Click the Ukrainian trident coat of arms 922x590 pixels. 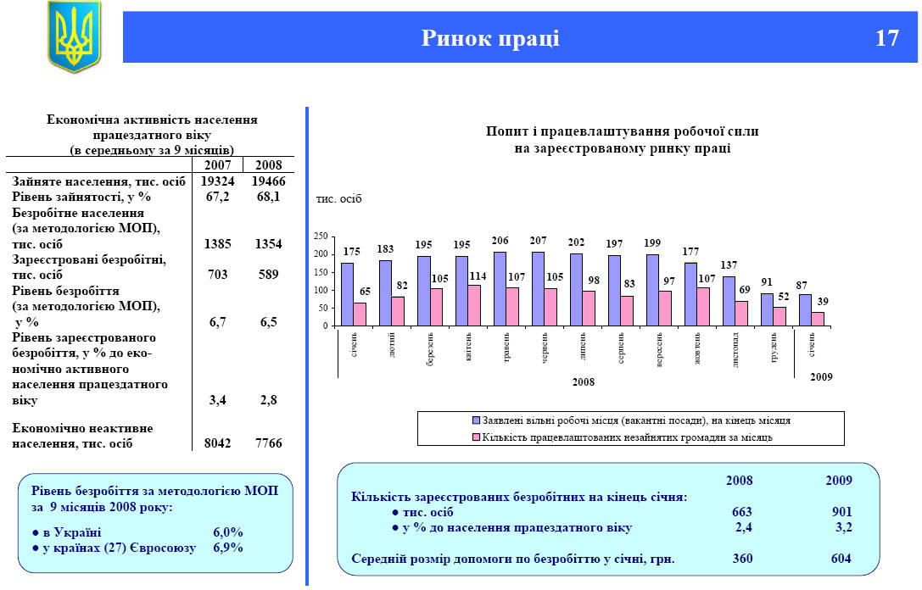coord(74,36)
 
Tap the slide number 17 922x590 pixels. coord(886,38)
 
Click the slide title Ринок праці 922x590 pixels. coord(490,38)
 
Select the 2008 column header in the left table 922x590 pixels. coord(268,164)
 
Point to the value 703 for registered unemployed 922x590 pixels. coord(218,275)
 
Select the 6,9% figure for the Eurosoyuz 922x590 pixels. coord(227,548)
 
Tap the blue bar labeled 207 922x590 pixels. coord(538,288)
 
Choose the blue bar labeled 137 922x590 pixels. coord(729,301)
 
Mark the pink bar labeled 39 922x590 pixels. coord(819,319)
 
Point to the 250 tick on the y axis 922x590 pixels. coord(321,237)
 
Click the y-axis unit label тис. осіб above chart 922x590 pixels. coord(338,199)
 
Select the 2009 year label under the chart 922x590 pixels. coord(820,376)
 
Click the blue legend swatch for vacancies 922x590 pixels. coord(476,420)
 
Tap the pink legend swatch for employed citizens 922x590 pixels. coord(476,437)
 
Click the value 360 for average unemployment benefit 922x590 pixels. coord(742,559)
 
